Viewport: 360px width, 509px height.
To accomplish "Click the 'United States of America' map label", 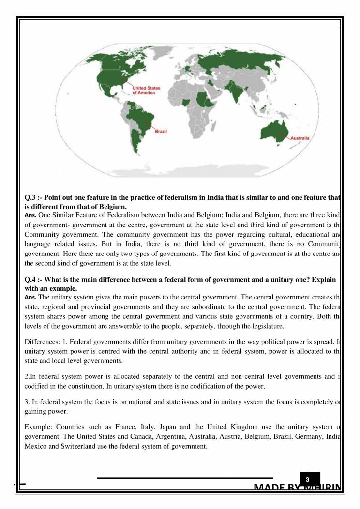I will pos(146,90).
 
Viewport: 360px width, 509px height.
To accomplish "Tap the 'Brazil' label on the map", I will pos(160,131).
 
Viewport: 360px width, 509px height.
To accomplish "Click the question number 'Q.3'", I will pos(31,198).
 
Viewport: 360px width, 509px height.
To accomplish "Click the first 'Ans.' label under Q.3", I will pos(30,214).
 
